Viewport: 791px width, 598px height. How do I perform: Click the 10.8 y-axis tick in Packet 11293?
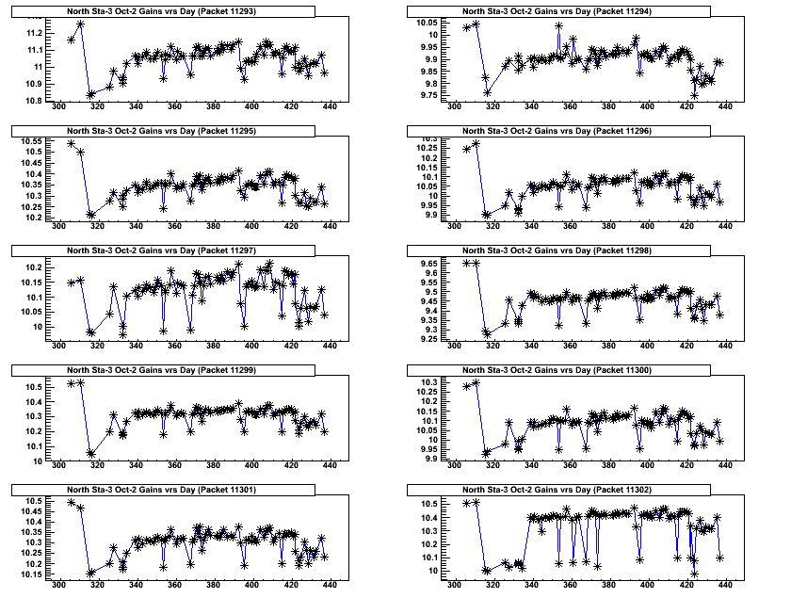coord(33,100)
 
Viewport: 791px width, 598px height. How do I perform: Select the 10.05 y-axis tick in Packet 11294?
coord(426,22)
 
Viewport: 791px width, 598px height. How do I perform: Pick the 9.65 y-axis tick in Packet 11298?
coord(426,263)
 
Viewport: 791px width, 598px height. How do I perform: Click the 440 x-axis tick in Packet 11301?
coord(329,584)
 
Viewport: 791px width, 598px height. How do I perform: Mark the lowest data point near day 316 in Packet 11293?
coord(91,94)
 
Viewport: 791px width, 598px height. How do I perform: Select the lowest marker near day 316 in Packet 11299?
coord(91,453)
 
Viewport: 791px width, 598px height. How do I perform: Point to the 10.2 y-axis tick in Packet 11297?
coord(33,268)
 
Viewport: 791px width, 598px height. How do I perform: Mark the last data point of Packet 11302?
coord(720,558)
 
